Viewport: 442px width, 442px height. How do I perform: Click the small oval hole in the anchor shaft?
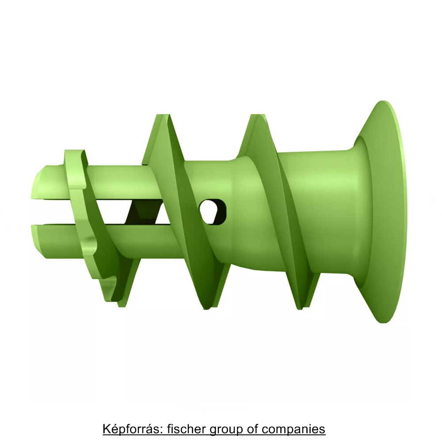(x=213, y=211)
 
